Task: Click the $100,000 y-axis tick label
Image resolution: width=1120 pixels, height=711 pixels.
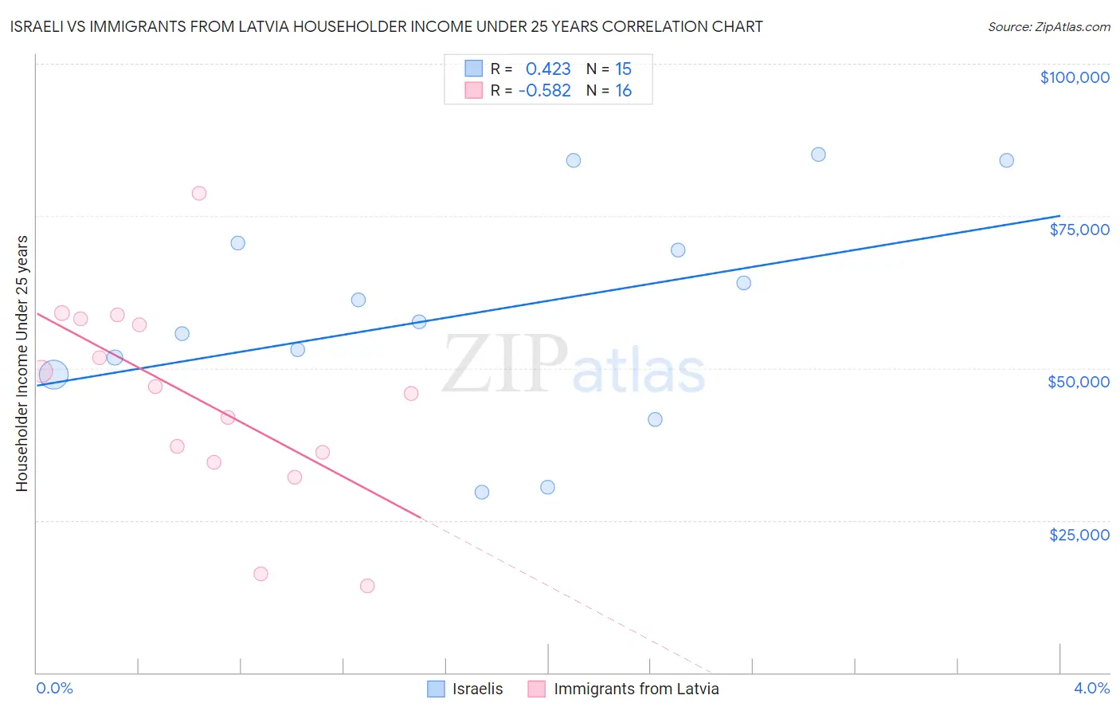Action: [1074, 77]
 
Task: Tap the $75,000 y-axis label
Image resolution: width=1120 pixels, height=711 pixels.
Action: [1079, 230]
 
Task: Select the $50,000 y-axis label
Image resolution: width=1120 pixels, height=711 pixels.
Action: [1078, 382]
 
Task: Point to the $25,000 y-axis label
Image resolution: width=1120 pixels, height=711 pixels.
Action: [1079, 535]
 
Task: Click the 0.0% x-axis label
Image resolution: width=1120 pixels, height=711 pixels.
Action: [54, 688]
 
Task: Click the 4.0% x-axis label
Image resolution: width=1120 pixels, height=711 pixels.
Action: [1091, 688]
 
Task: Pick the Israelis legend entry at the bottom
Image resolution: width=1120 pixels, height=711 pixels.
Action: [465, 689]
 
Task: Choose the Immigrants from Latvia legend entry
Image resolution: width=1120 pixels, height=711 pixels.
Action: [624, 689]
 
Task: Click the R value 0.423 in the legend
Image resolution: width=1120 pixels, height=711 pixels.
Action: [548, 69]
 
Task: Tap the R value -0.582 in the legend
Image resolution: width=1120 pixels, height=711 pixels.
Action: [544, 91]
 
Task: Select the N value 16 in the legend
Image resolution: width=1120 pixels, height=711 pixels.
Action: [623, 91]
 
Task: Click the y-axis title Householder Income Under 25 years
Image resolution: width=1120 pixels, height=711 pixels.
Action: [22, 363]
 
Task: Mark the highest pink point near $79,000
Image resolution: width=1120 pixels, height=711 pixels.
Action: [199, 193]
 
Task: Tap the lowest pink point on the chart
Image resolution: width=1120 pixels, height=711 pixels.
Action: [367, 586]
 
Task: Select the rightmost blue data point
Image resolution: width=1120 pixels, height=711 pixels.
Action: [1006, 160]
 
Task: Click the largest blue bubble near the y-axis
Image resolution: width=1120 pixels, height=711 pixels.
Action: [53, 374]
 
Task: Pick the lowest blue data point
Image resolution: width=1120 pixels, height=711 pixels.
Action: [482, 492]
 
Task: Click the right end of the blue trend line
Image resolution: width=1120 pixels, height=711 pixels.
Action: [1059, 216]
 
